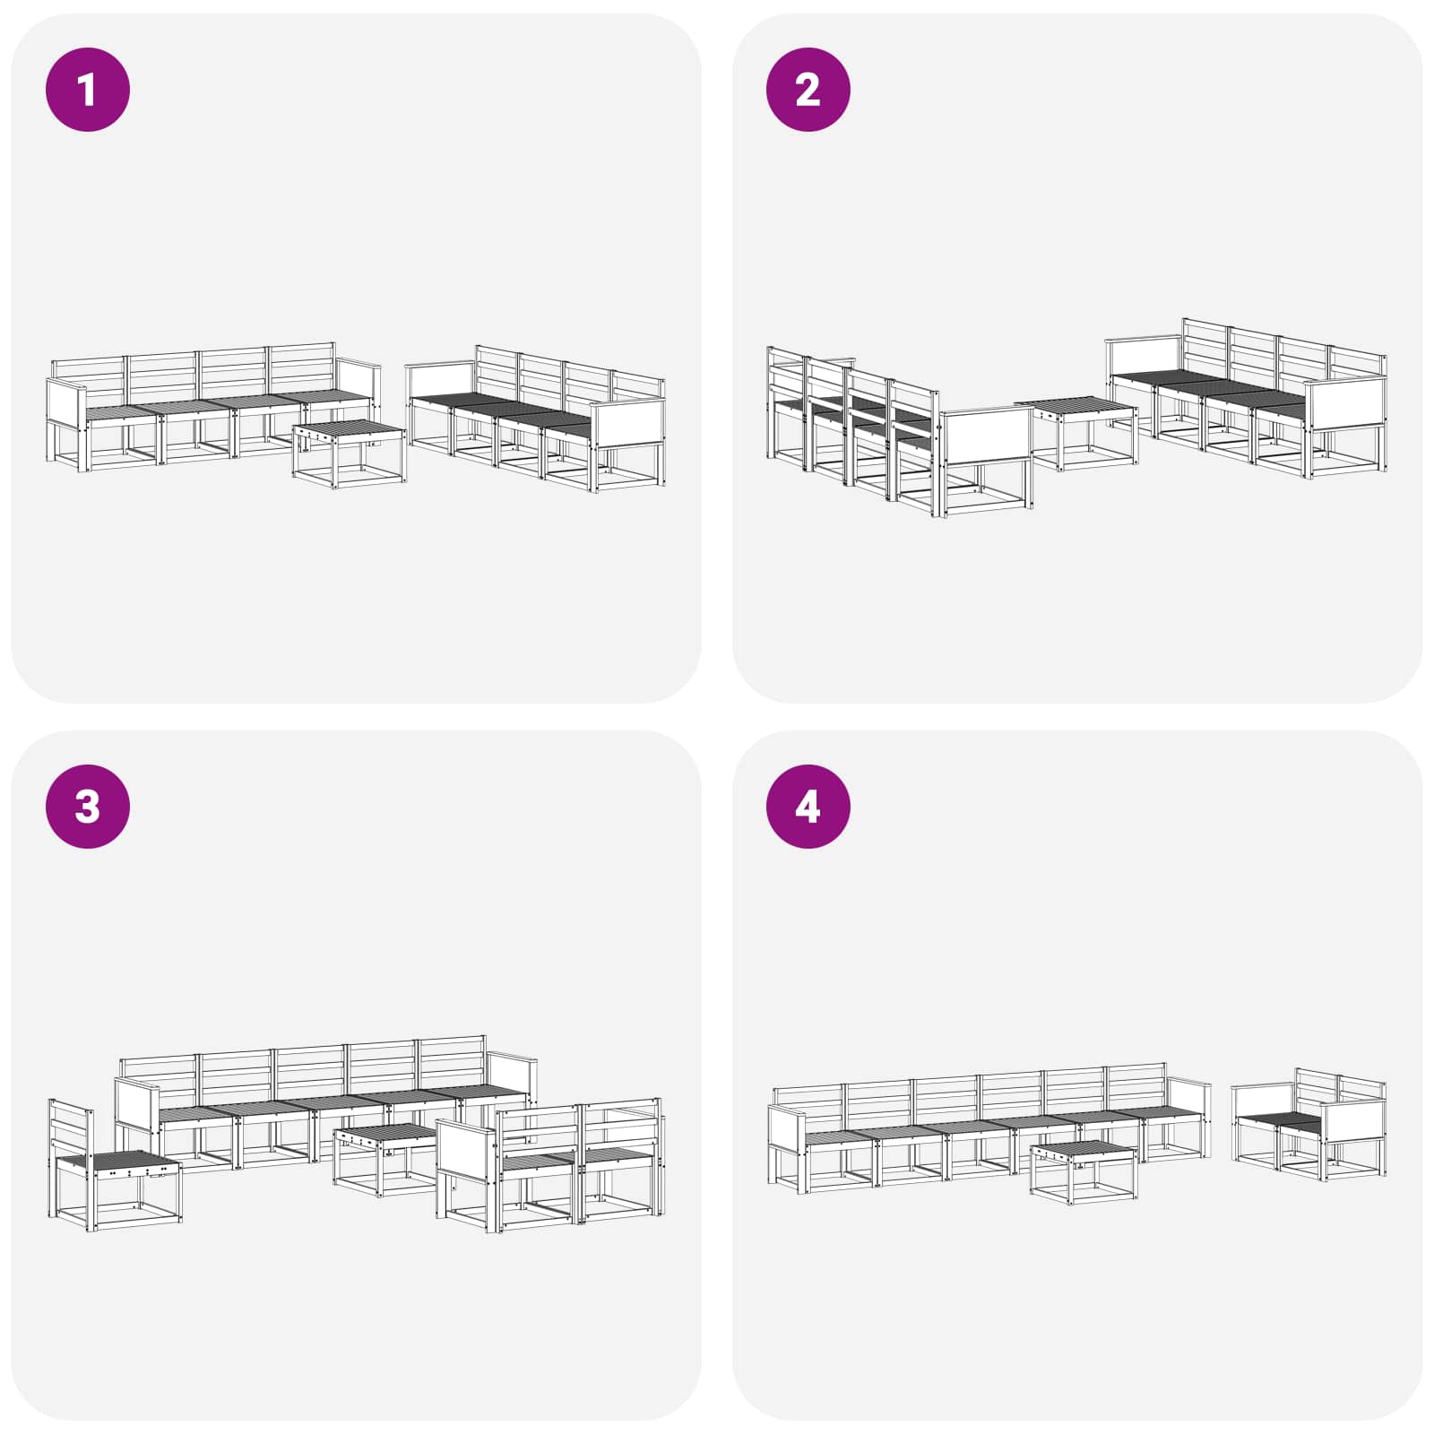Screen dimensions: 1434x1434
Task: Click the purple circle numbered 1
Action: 88,90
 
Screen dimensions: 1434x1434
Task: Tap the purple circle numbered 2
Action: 808,90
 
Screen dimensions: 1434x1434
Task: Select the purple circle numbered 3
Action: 88,806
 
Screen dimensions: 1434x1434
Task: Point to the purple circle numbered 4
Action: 808,806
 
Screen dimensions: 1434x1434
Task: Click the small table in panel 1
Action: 349,454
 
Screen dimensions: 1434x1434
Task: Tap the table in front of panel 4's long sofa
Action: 1084,1172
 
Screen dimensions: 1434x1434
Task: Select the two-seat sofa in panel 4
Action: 1309,1124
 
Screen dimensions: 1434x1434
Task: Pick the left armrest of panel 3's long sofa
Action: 137,1108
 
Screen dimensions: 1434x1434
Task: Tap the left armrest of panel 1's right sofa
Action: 440,381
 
